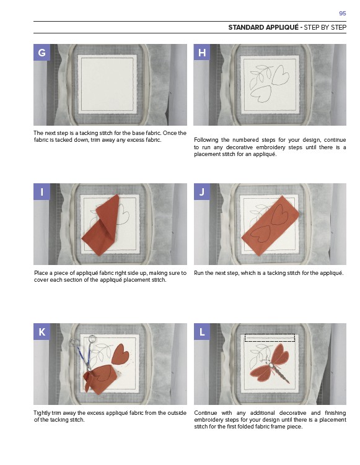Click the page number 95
(342, 14)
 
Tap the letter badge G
(42, 53)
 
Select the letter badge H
(202, 53)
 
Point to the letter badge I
(42, 191)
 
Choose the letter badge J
(202, 191)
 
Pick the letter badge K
(42, 331)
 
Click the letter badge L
(202, 331)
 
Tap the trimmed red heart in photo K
(120, 354)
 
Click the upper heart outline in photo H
(280, 76)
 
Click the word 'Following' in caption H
(206, 140)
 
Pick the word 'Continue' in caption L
(205, 413)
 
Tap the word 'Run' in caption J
(199, 273)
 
